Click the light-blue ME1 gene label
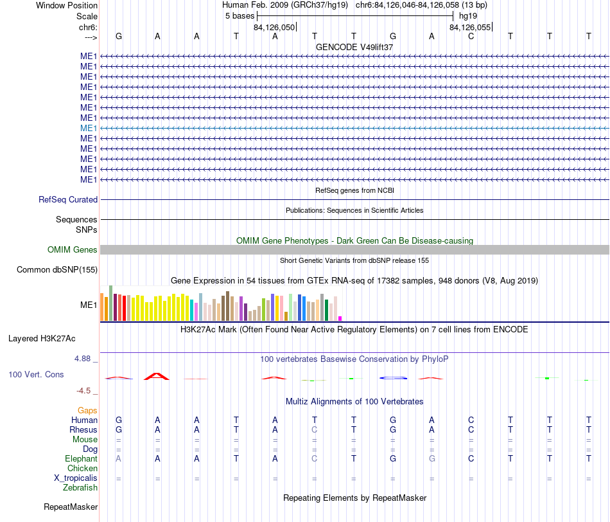tap(89, 128)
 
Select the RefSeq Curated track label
tap(68, 199)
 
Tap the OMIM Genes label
tap(73, 249)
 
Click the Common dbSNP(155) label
tap(57, 269)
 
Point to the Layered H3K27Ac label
tap(42, 339)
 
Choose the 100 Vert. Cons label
tap(36, 374)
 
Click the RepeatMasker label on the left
tap(71, 507)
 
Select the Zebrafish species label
tap(80, 487)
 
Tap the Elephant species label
tap(82, 458)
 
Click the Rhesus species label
tap(83, 429)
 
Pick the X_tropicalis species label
tap(76, 478)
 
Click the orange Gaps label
tap(87, 410)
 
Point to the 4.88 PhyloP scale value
tap(82, 358)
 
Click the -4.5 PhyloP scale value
tap(83, 391)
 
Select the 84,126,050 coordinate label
tap(274, 27)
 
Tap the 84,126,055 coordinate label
tap(470, 27)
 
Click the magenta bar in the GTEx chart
tap(340, 319)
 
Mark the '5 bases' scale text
tap(240, 16)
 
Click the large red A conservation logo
tap(157, 376)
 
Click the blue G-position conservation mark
tap(394, 378)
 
